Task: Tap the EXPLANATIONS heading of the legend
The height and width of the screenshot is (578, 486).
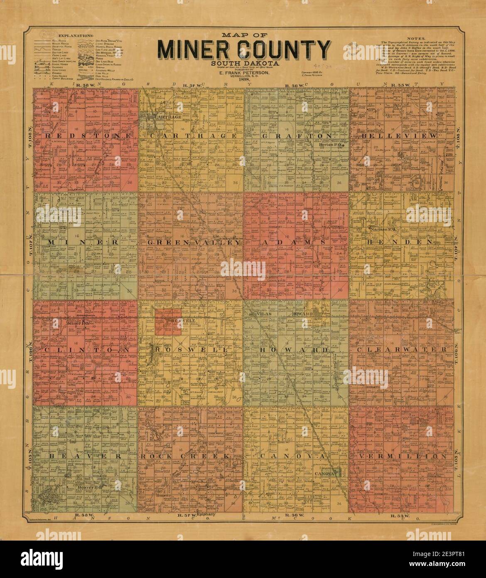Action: pos(76,37)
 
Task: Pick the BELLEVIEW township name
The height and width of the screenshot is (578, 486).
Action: pos(399,136)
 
